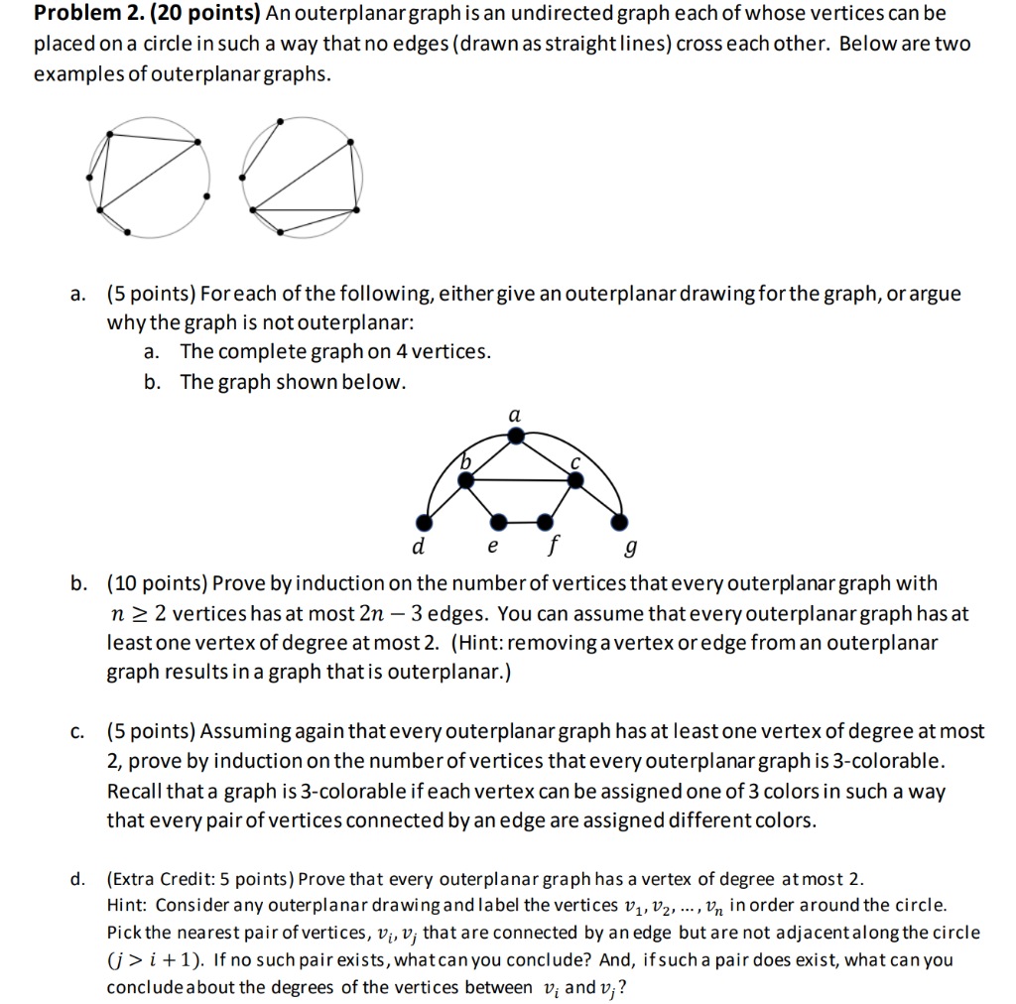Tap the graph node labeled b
point(465,480)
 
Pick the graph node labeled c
point(576,480)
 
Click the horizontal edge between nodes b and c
point(521,480)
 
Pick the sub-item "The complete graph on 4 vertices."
point(335,352)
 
